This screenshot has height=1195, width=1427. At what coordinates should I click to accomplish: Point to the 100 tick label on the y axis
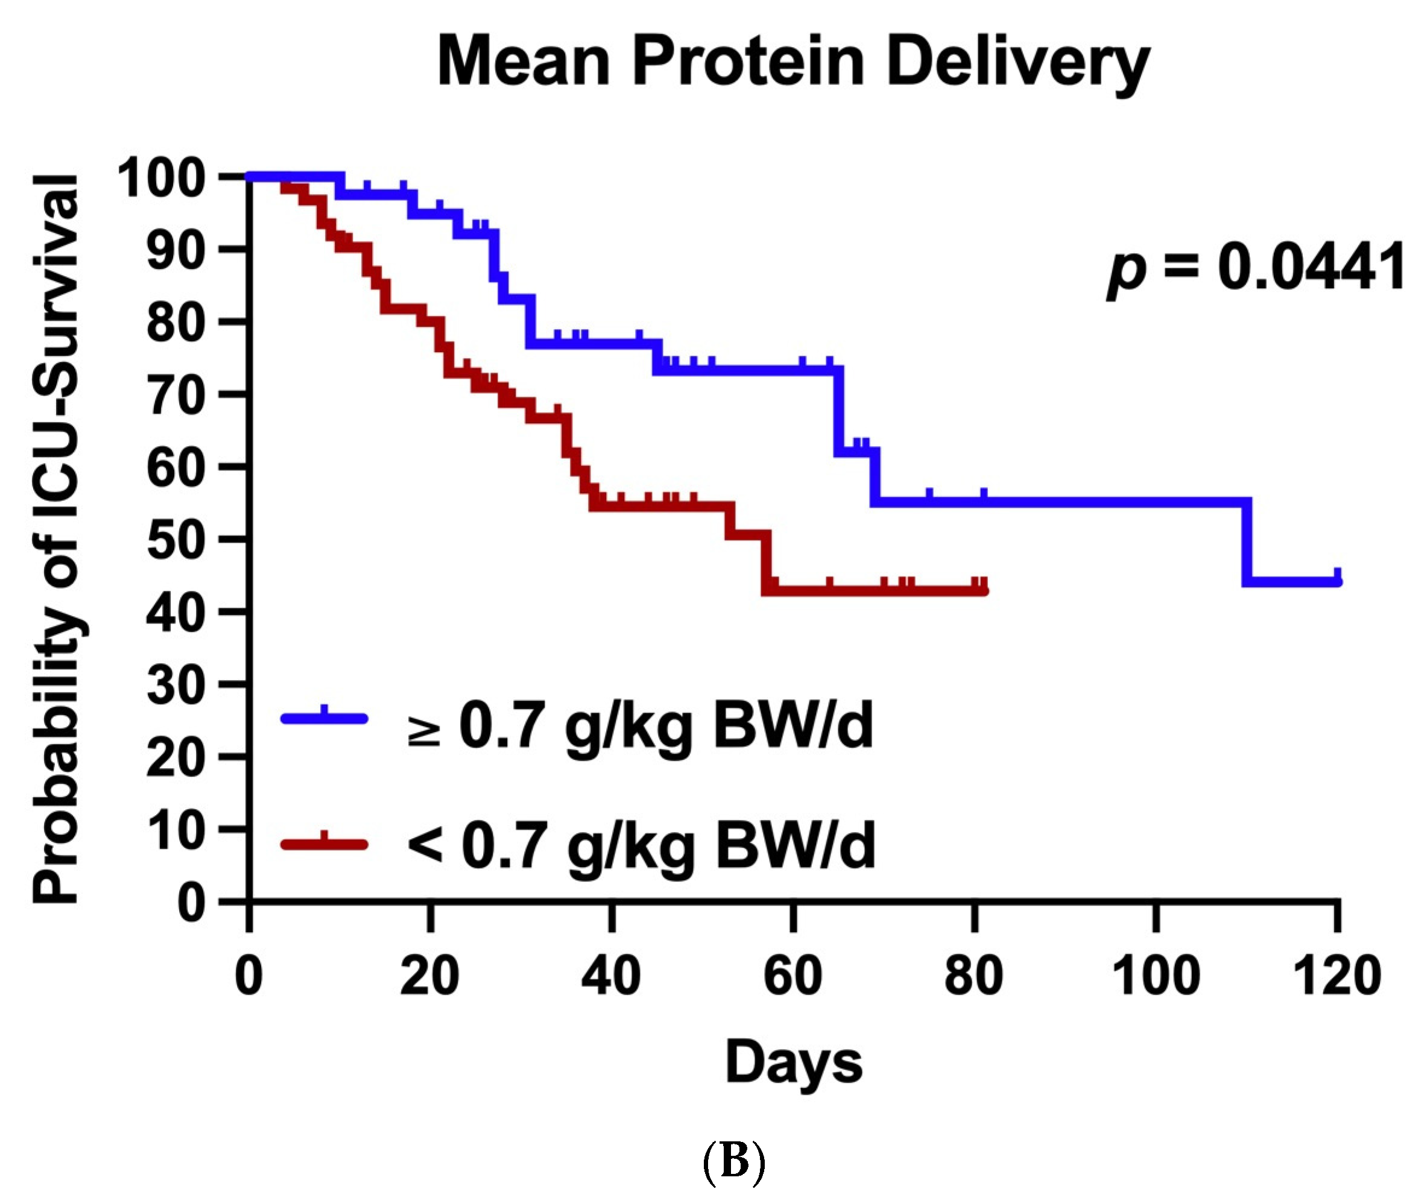click(x=162, y=178)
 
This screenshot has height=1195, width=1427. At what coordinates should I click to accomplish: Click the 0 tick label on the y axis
click(x=191, y=904)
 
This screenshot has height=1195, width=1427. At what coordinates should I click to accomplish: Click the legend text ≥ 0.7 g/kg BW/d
click(x=639, y=725)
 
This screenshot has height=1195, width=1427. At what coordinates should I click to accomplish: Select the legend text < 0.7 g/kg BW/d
click(x=640, y=847)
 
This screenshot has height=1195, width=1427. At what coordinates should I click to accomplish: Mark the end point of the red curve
click(x=983, y=590)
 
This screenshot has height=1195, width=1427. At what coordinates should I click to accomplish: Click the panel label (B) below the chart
click(x=733, y=1161)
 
